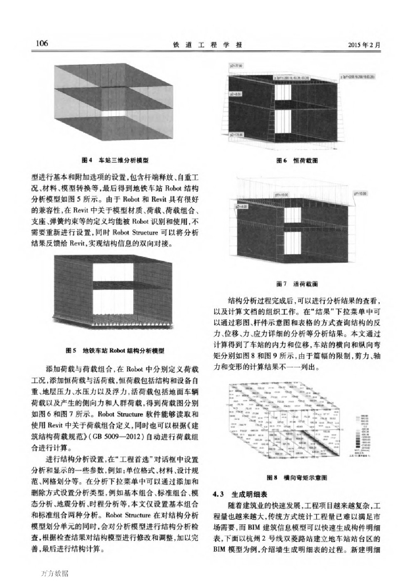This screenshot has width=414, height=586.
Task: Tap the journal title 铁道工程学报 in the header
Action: [206, 45]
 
